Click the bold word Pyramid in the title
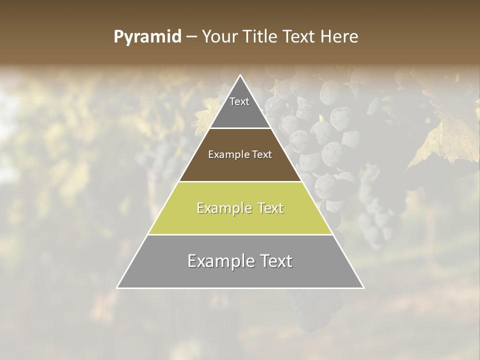[x=147, y=37]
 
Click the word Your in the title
[x=219, y=37]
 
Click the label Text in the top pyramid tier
[x=239, y=101]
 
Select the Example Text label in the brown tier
[x=240, y=154]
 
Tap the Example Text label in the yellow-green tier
[x=240, y=208]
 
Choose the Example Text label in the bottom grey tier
[x=240, y=261]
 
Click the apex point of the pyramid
[x=240, y=75]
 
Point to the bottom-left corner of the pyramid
[x=117, y=287]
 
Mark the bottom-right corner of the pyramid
[x=363, y=287]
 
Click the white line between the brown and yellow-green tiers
[x=240, y=181]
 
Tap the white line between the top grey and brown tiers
[x=240, y=128]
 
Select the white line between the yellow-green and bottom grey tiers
[x=240, y=234]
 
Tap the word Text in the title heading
[x=300, y=37]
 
